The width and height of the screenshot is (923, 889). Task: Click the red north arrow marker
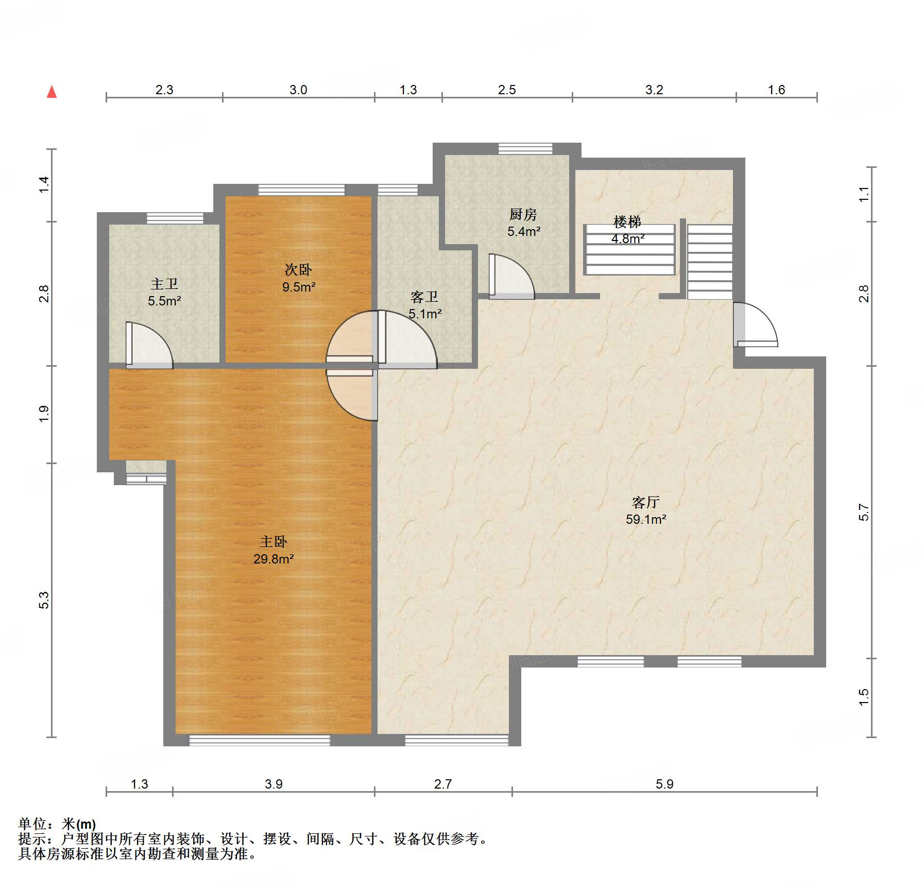click(52, 92)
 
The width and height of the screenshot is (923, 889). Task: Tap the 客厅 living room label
click(646, 502)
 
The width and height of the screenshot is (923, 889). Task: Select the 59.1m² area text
click(646, 519)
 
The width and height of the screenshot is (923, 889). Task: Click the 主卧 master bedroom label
click(274, 541)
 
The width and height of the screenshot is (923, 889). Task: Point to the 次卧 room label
click(298, 269)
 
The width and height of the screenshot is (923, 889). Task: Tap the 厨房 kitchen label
click(523, 214)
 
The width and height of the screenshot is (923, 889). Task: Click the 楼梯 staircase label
click(627, 222)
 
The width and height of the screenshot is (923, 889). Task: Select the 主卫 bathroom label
click(164, 284)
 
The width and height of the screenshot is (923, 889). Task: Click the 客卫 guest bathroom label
click(424, 297)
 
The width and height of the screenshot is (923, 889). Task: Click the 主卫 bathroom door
click(149, 345)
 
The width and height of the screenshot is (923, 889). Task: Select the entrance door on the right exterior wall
click(756, 324)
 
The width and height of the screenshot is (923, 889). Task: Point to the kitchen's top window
click(525, 148)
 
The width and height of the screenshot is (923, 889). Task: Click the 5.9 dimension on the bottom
click(664, 784)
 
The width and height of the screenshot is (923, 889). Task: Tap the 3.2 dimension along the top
click(654, 90)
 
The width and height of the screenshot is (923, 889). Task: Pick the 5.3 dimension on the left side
click(44, 600)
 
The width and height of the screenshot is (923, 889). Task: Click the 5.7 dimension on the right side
click(864, 512)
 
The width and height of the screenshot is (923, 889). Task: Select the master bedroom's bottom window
click(260, 741)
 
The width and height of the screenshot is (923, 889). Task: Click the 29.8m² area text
click(274, 559)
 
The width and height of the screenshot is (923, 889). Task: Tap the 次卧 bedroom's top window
click(301, 190)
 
